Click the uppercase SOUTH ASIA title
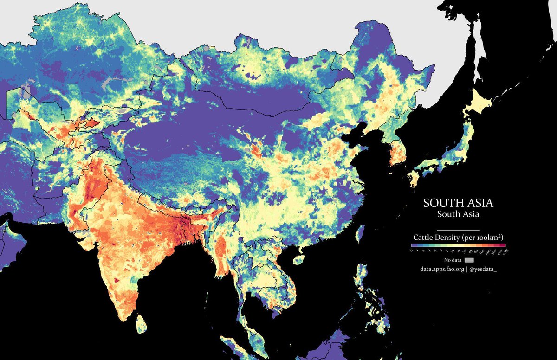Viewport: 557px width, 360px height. [458, 203]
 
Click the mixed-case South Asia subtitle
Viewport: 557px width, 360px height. [458, 214]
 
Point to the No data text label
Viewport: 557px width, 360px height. [453, 260]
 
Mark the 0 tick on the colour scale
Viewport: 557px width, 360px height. [412, 251]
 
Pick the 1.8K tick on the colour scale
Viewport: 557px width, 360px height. [505, 251]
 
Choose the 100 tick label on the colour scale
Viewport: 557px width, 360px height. [481, 251]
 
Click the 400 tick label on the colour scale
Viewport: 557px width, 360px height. [499, 251]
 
